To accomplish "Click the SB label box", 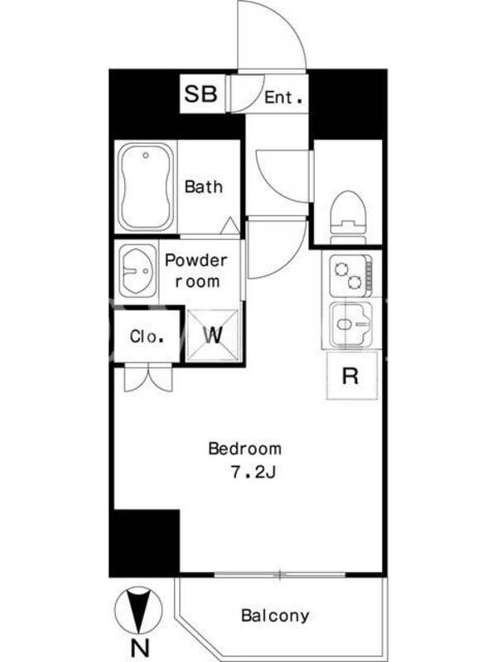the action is pyautogui.click(x=201, y=94).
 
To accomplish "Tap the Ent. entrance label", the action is pyautogui.click(x=283, y=98).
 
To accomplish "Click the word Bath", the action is pyautogui.click(x=204, y=187).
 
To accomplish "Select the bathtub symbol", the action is pyautogui.click(x=146, y=187).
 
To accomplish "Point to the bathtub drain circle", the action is pyautogui.click(x=146, y=156).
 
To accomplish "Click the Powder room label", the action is pyautogui.click(x=196, y=271).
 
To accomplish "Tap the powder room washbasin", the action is pyautogui.click(x=138, y=271).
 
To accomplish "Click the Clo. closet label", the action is pyautogui.click(x=147, y=337).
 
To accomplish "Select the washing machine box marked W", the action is pyautogui.click(x=213, y=336).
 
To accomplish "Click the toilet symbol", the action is pyautogui.click(x=348, y=218).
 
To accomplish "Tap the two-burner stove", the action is pyautogui.click(x=350, y=276).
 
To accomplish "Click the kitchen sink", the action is pyautogui.click(x=350, y=324).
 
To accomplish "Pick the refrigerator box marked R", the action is pyautogui.click(x=352, y=376).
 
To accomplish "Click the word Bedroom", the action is pyautogui.click(x=245, y=449).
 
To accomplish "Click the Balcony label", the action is pyautogui.click(x=275, y=616).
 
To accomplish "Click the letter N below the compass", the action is pyautogui.click(x=140, y=648).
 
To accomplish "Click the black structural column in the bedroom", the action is pyautogui.click(x=145, y=542).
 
